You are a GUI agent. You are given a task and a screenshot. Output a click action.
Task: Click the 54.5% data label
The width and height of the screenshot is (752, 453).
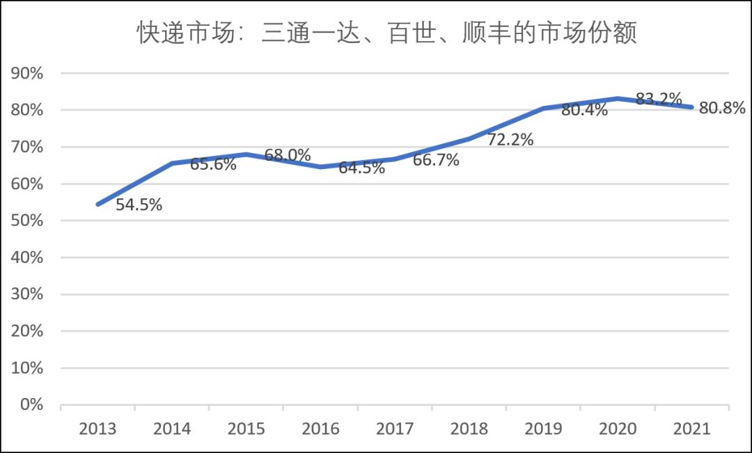(x=139, y=205)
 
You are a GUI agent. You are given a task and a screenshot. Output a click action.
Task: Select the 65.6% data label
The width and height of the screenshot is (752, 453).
(x=213, y=164)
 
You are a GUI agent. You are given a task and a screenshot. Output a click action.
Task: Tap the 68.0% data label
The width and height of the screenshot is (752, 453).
(x=288, y=155)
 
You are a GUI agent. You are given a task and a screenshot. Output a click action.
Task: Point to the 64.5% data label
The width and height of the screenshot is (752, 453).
(x=361, y=168)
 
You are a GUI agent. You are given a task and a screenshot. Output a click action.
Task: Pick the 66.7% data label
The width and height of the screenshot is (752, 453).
(x=436, y=161)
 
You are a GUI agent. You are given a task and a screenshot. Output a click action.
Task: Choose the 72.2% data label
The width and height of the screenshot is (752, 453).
(x=510, y=140)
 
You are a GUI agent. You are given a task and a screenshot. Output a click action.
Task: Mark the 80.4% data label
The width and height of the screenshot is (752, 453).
(x=584, y=109)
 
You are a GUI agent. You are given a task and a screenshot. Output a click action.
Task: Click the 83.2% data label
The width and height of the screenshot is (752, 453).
(x=659, y=99)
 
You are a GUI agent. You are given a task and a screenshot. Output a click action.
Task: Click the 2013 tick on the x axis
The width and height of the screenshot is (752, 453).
(x=98, y=429)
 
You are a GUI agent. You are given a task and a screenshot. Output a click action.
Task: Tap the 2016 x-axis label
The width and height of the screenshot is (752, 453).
(x=321, y=429)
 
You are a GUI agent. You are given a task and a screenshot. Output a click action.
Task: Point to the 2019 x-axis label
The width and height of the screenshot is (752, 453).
(x=543, y=429)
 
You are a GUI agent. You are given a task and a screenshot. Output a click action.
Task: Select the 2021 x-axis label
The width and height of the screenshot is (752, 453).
(x=691, y=429)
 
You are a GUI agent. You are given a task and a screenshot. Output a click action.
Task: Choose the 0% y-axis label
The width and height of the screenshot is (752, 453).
(x=31, y=404)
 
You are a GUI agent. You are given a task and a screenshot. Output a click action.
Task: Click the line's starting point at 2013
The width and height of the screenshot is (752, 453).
(x=98, y=205)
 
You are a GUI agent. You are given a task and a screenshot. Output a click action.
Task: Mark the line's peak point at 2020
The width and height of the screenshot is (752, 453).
(x=618, y=99)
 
